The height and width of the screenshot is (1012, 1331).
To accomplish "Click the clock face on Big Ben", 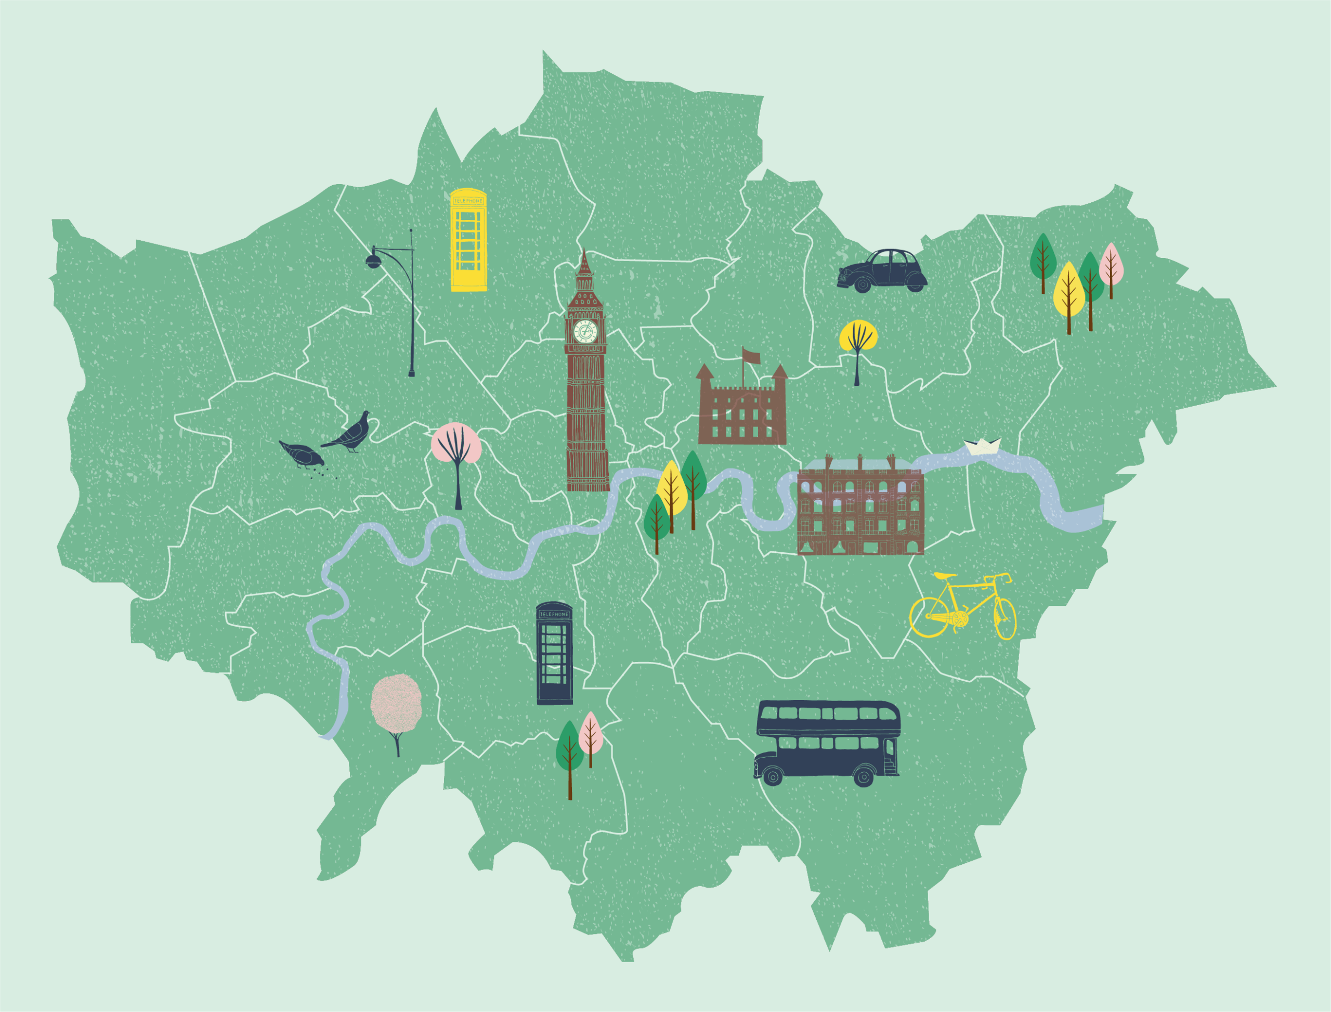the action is [585, 331].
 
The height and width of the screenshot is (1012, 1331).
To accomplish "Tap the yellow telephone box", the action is [468, 241].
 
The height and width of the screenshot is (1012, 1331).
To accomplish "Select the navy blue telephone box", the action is [554, 654].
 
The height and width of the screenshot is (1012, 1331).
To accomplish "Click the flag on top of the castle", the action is [750, 356].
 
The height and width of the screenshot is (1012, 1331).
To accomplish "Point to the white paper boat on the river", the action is [982, 446].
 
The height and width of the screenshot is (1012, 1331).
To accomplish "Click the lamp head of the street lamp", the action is [373, 262].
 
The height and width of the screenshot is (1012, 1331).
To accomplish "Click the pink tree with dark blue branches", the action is [456, 446].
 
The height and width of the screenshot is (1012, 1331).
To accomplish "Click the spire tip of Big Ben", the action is [583, 251].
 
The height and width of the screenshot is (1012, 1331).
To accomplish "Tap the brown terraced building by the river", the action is [860, 512].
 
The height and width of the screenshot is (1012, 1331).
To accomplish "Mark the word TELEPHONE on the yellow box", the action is [468, 201].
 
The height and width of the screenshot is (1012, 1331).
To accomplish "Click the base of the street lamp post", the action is [411, 374].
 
